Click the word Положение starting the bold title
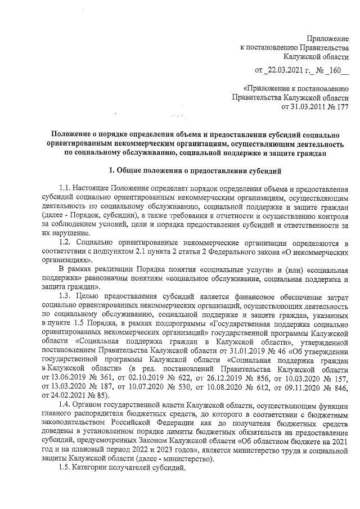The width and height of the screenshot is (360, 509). click(70, 133)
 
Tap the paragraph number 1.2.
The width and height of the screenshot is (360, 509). click(66, 242)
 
